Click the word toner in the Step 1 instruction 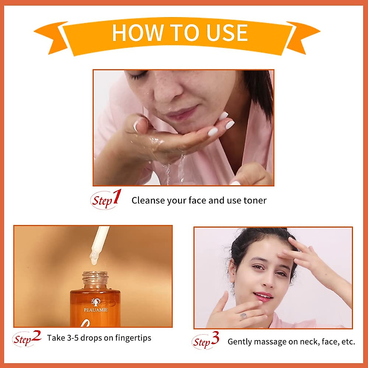(x=255, y=201)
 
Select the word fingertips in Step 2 (x=133, y=338)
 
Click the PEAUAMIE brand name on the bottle (x=96, y=310)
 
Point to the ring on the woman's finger (x=243, y=316)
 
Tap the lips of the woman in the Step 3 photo (x=263, y=296)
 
